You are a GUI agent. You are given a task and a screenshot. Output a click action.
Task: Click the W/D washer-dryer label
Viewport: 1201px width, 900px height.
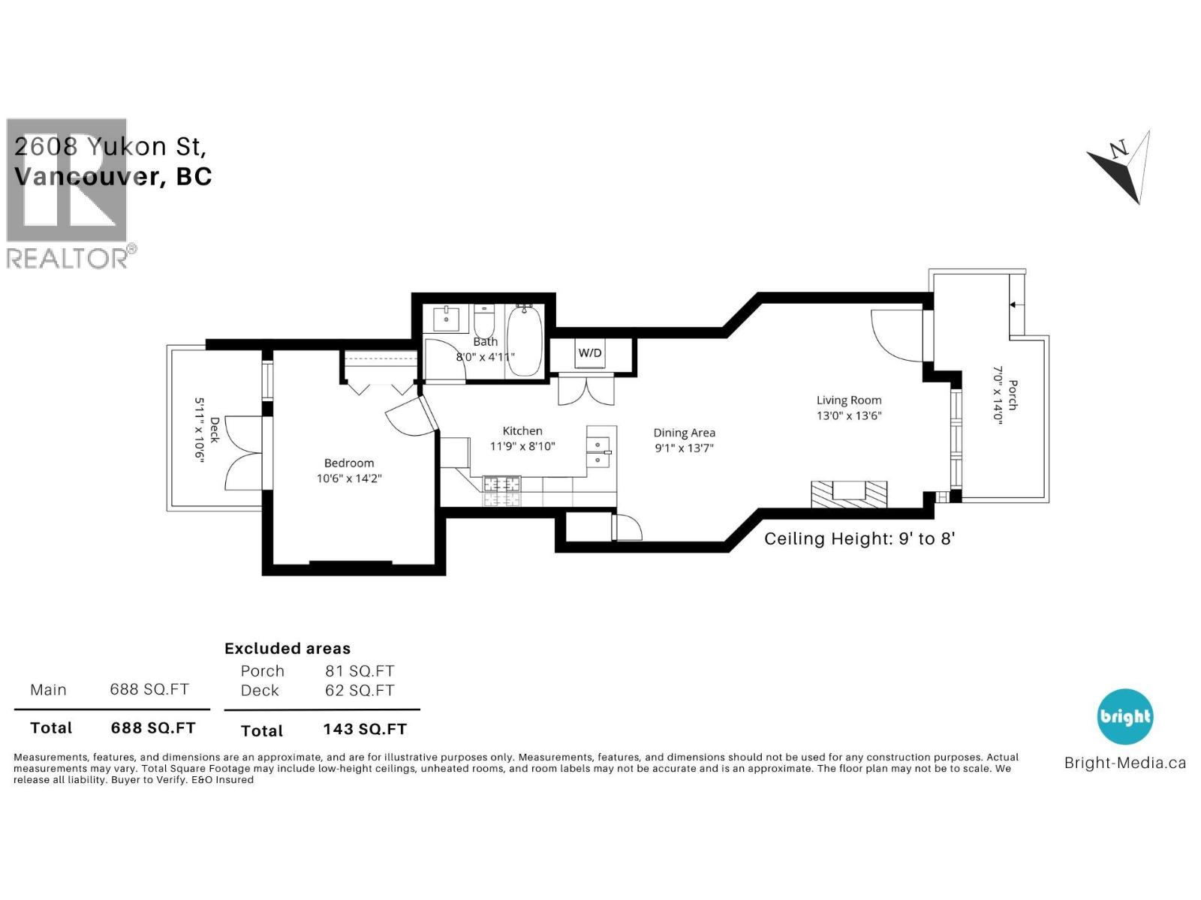point(589,352)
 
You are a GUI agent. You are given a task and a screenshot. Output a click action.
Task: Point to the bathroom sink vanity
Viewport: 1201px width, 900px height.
point(447,318)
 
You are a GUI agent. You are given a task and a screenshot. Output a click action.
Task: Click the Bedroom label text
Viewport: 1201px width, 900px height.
point(349,463)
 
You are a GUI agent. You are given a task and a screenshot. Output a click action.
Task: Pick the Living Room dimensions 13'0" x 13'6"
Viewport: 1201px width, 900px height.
point(849,415)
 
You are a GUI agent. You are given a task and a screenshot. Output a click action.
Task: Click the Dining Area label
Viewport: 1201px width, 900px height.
point(684,433)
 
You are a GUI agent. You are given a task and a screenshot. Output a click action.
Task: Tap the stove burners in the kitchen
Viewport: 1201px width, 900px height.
point(502,491)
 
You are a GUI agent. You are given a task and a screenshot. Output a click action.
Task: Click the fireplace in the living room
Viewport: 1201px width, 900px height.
point(849,493)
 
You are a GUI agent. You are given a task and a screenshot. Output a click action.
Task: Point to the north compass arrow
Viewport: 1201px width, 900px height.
point(1120,167)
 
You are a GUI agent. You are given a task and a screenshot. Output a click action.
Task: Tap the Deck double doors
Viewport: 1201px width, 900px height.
point(245,453)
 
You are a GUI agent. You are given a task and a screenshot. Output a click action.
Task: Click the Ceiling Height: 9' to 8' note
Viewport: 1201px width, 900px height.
point(859,538)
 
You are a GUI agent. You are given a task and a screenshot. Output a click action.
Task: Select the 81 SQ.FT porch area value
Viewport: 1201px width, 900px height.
point(360,671)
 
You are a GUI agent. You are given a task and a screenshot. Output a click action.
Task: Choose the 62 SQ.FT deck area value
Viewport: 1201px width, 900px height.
point(360,691)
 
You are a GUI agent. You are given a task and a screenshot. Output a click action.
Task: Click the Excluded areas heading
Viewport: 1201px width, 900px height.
point(287,649)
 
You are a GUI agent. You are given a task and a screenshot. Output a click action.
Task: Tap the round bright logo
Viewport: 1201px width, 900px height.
point(1124,717)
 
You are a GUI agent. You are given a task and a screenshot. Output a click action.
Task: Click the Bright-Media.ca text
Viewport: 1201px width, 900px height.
point(1124,763)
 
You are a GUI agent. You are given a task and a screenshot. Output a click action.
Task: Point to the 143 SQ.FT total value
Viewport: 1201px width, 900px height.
point(365,730)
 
